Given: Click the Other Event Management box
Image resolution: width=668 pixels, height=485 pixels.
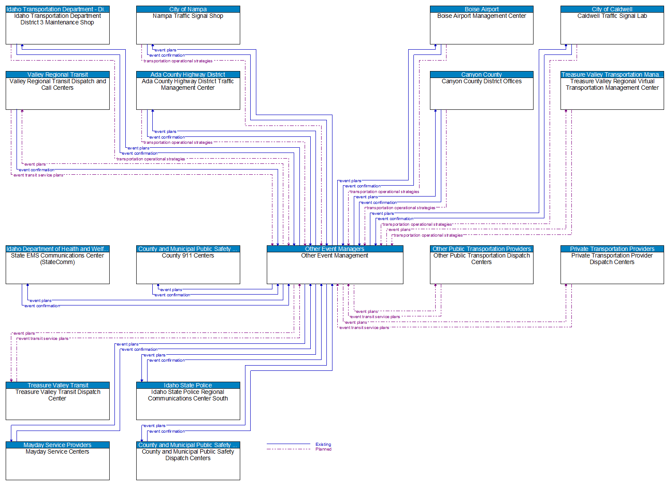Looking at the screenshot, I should [335, 268].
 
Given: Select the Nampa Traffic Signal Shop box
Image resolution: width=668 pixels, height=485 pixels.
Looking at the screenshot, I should [188, 28].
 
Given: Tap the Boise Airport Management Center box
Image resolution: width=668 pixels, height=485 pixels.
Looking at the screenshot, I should [481, 28].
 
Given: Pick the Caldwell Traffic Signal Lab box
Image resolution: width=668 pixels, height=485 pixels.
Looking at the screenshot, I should [612, 28].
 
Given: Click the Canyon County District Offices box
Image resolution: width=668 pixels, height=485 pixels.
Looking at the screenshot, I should [481, 93].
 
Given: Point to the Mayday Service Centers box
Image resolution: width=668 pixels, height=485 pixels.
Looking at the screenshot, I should [57, 464].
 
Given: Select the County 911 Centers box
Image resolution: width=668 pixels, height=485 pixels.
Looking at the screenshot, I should [188, 268].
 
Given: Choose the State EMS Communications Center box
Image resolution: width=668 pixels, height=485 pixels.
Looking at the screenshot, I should [57, 268].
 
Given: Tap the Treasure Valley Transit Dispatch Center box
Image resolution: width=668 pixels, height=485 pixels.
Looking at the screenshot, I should [57, 404].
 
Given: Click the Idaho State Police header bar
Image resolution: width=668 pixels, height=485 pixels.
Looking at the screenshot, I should [188, 385].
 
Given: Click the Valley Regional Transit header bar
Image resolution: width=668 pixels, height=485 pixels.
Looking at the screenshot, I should [57, 75].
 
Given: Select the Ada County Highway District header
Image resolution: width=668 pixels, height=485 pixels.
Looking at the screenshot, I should [188, 75].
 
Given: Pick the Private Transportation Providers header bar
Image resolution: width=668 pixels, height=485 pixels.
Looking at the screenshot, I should [612, 249].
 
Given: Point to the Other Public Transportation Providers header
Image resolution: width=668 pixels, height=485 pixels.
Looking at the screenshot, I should [481, 249].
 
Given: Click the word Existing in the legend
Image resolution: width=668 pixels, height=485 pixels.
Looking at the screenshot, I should [323, 444].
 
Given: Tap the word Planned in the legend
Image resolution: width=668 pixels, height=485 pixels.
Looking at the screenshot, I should [323, 449].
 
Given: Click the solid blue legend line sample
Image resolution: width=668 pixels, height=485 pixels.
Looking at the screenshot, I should [288, 444].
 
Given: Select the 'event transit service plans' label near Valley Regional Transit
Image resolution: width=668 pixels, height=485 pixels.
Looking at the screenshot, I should [38, 175].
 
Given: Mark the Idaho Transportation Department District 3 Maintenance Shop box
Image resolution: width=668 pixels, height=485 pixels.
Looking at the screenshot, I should [57, 28].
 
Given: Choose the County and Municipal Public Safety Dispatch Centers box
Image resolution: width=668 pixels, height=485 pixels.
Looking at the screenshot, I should [188, 464].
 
